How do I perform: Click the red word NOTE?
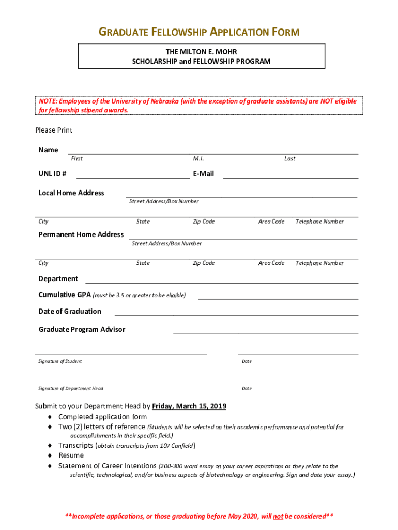49,101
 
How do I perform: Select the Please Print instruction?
54,130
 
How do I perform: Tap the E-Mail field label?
203,174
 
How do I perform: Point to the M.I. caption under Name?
198,158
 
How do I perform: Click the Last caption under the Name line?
289,158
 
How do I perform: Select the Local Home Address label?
71,193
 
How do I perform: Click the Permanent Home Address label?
81,234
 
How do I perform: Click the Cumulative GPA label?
65,295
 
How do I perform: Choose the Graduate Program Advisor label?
82,329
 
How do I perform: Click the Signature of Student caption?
60,361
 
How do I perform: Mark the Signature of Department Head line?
121,380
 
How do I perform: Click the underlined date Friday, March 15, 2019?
189,406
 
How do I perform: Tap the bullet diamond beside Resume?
50,455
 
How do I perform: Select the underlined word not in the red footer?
278,517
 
